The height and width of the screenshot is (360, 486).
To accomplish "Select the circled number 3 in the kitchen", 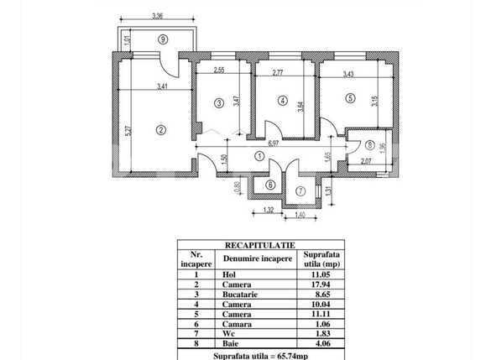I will point(218,103).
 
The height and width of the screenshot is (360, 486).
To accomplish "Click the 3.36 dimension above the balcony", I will point(158,15).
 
